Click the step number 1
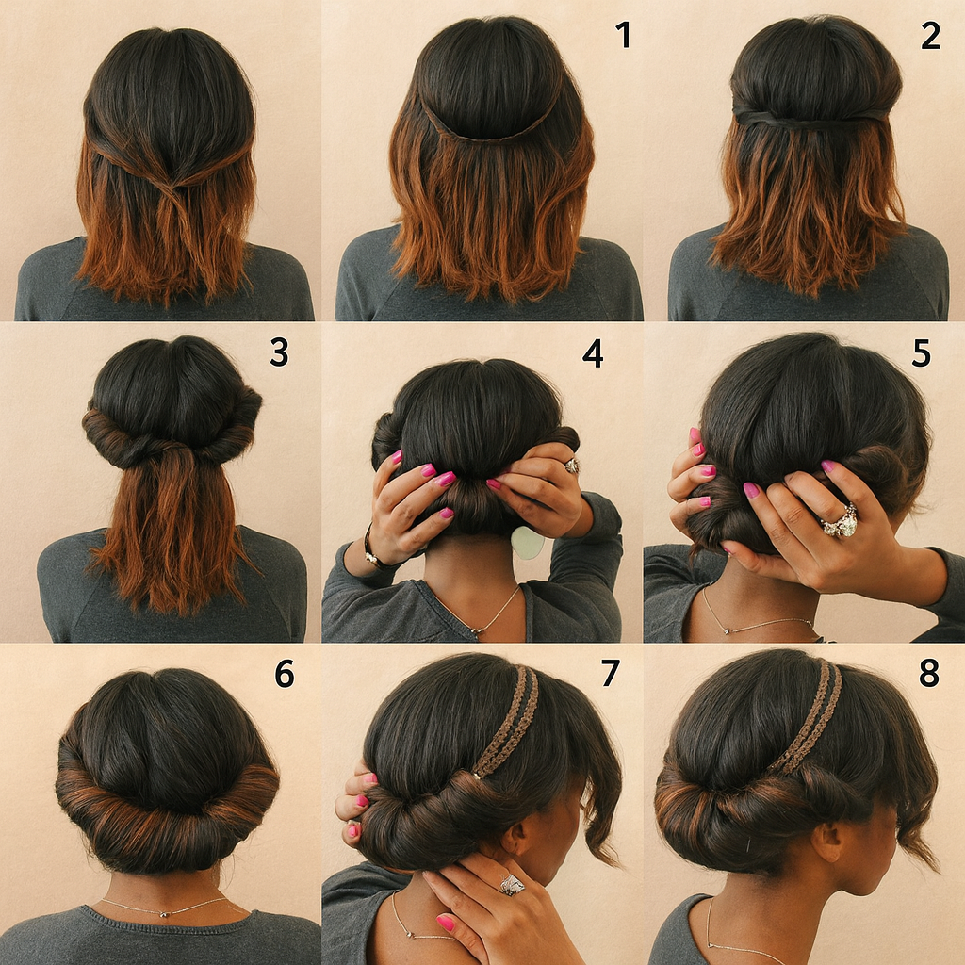tap(624, 35)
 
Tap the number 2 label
tap(930, 35)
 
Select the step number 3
tap(279, 352)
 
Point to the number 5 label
tap(922, 352)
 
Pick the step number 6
tap(285, 674)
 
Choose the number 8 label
tap(929, 673)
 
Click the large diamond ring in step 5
tap(840, 520)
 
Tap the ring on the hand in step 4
tap(572, 466)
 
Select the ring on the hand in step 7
tap(512, 884)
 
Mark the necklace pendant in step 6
tap(164, 913)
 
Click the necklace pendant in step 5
tap(728, 630)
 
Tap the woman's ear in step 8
tap(827, 842)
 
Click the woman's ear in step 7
tap(515, 837)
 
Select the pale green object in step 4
tap(528, 542)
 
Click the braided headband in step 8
tap(807, 717)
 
